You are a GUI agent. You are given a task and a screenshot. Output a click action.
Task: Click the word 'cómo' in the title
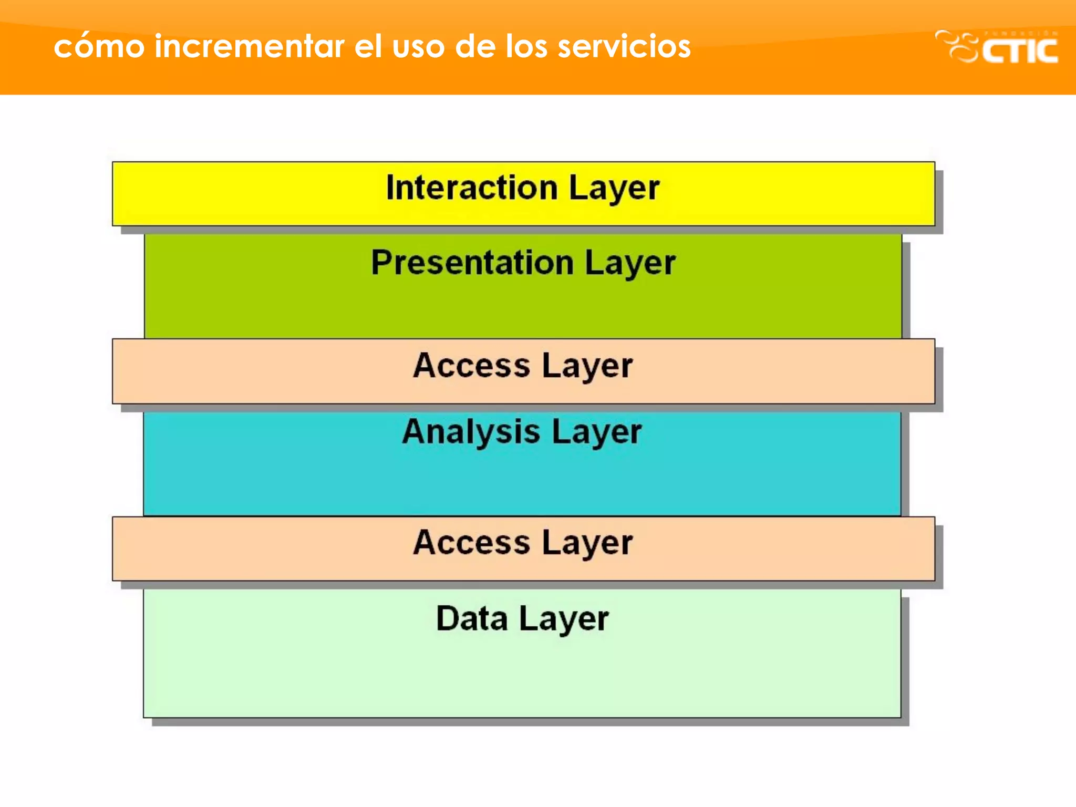99,46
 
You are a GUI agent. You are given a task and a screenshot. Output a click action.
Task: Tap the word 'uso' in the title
418,46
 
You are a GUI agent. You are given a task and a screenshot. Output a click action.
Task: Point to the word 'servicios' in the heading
624,46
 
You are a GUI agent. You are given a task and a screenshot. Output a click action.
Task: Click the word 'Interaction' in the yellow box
471,188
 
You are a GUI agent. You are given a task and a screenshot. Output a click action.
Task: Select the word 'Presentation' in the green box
472,262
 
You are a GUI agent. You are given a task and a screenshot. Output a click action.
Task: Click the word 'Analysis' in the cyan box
471,432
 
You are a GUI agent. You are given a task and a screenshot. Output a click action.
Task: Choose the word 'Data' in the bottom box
471,618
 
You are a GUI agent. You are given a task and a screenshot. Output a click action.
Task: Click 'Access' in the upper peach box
471,365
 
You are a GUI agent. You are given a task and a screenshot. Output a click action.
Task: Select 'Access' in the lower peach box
471,542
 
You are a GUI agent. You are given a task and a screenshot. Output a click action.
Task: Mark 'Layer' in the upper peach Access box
587,366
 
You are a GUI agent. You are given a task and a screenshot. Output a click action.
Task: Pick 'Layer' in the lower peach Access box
587,543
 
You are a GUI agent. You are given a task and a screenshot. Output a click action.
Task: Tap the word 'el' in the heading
368,46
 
